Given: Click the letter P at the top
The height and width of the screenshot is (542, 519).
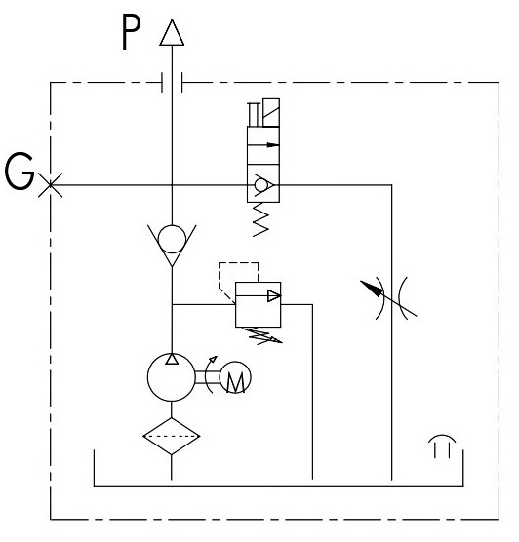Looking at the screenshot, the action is pos(131,33).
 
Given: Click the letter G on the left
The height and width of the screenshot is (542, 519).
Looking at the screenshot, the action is pos(20,172).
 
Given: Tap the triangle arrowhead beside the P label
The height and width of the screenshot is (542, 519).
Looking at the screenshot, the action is pos(172,32).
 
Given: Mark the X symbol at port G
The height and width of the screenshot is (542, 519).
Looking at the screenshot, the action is pos(50,185).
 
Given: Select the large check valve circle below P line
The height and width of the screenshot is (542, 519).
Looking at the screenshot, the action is pos(172,239).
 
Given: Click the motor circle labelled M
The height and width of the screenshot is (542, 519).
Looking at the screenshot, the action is pos(235,377).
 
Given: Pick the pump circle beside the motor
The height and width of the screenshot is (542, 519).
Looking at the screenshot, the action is pos(172,377).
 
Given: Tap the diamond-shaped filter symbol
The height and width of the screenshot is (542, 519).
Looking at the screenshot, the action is pos(172,436).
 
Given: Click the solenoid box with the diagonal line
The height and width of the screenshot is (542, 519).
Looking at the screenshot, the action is pos(271,113).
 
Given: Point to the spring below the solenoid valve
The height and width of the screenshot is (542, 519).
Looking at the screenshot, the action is pos(260,219).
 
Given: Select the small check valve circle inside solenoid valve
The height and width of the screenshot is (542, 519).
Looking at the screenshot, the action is pos(259,185).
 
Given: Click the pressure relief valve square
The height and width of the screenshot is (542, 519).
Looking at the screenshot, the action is pos(259,304).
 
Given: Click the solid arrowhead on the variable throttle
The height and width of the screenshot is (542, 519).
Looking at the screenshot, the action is pos(373,289).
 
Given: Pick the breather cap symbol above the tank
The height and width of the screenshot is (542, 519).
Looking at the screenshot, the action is pos(442,446).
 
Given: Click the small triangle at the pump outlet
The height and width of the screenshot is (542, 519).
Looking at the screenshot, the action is pos(172,359).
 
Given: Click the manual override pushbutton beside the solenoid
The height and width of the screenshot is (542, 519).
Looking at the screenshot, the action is pos(254,114).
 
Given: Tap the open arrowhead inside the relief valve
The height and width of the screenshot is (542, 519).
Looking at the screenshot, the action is pos(274,296).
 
